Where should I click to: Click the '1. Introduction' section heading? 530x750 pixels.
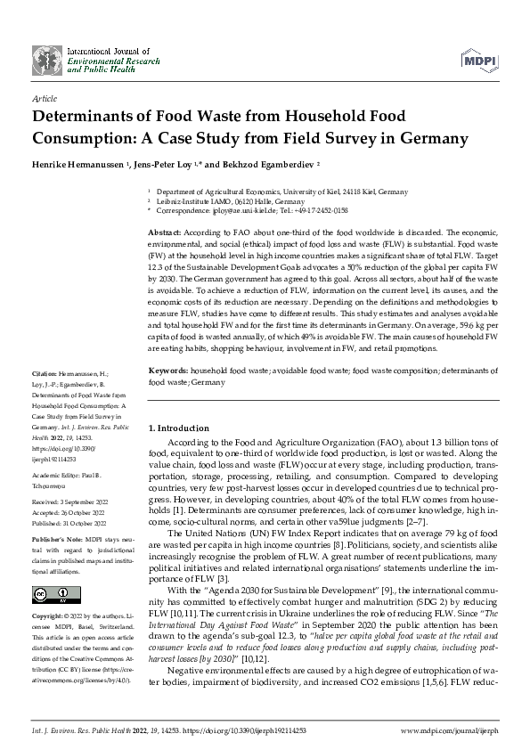click(182, 428)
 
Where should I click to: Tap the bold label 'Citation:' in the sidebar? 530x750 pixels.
click(46, 395)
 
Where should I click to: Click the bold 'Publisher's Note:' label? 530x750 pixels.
click(56, 540)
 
